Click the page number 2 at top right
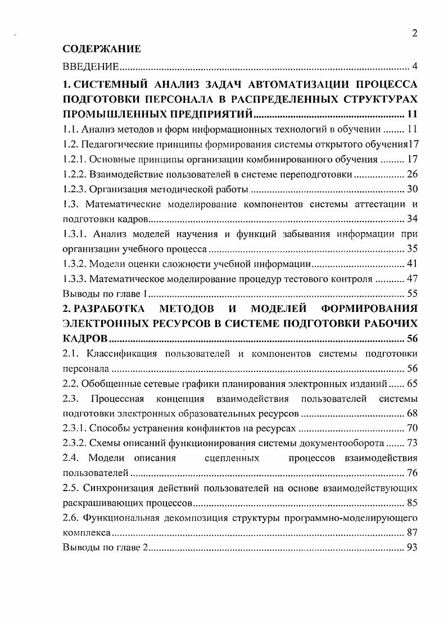(414, 33)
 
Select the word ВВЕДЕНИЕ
(90, 67)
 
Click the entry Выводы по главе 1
(105, 293)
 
